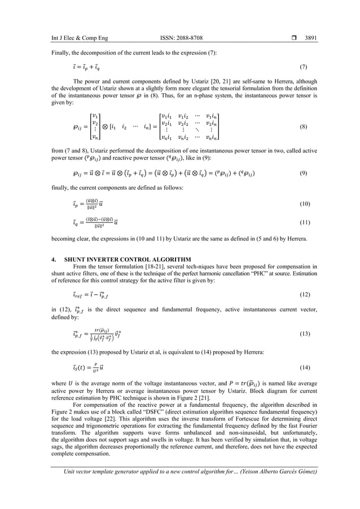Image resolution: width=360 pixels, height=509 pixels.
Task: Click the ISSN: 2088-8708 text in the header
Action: point(177,38)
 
